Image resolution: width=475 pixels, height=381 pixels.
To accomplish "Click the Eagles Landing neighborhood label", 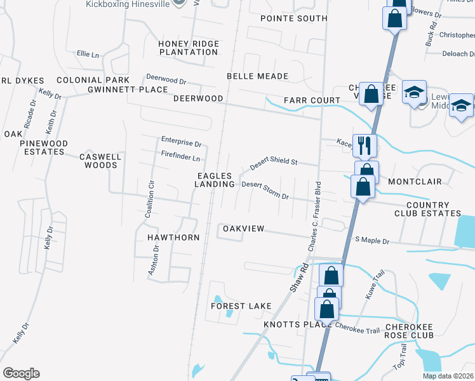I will click(x=215, y=180).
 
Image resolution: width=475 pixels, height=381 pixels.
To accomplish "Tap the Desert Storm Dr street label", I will click(x=265, y=190).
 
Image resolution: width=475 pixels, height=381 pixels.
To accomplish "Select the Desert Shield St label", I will click(x=274, y=163).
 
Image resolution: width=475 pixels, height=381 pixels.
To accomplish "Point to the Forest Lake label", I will click(x=241, y=306).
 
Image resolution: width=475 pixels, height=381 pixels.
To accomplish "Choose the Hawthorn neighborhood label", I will click(x=173, y=237).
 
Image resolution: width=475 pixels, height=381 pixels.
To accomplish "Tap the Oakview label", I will click(x=243, y=229).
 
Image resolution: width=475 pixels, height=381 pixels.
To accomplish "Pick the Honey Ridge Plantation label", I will click(x=189, y=48).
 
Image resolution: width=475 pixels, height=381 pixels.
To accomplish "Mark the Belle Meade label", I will click(x=258, y=76).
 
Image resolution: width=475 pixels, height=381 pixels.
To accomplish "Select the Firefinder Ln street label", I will click(x=180, y=157).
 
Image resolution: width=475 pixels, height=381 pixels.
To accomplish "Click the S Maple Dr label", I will click(x=372, y=241).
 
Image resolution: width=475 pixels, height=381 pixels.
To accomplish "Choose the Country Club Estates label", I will click(x=434, y=209).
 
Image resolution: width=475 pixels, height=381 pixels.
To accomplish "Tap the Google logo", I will click(x=21, y=373).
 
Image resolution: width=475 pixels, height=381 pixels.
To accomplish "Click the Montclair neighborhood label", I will click(x=415, y=182).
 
